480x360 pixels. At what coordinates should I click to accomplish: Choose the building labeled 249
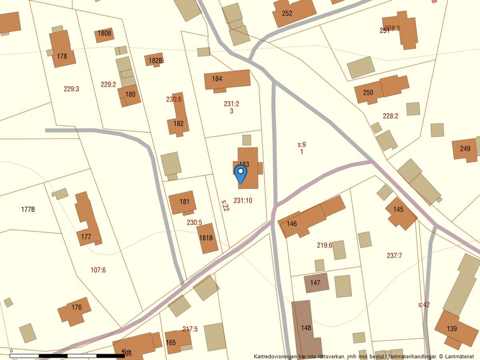[x=465, y=149]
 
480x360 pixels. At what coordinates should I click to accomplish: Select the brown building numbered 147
[x=316, y=283]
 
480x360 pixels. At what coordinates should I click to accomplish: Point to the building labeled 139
[x=454, y=329]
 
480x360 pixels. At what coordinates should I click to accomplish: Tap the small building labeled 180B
[x=105, y=34]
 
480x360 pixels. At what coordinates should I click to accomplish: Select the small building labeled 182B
[x=155, y=60]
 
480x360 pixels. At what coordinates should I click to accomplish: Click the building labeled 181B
[x=207, y=238]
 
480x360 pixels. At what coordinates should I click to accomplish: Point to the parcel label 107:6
[x=98, y=270]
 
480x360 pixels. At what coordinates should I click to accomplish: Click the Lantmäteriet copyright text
[x=367, y=356]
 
